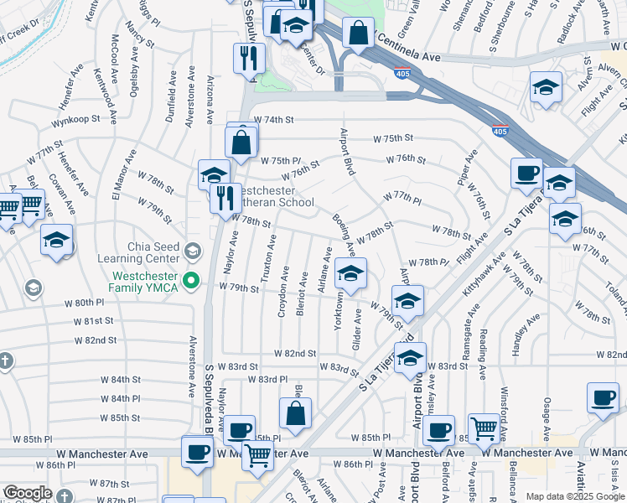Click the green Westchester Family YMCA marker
[x=191, y=280]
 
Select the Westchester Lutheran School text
[x=267, y=196]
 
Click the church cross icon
[x=7, y=361]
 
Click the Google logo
[x=28, y=493]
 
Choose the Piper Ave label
[x=467, y=167]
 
